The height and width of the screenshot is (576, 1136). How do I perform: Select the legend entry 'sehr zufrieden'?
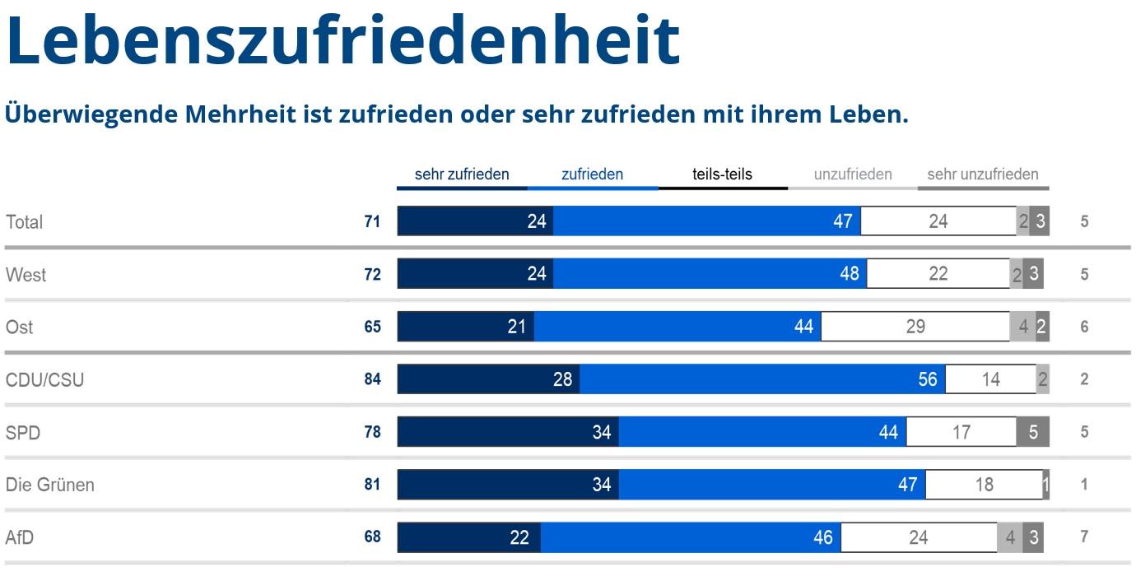pyautogui.click(x=462, y=174)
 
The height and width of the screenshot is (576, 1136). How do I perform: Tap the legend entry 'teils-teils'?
pyautogui.click(x=722, y=174)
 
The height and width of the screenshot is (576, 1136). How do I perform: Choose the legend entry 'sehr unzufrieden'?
pyautogui.click(x=982, y=174)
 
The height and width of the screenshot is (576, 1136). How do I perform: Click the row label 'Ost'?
pyautogui.click(x=20, y=327)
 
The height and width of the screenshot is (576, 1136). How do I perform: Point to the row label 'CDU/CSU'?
pyautogui.click(x=44, y=380)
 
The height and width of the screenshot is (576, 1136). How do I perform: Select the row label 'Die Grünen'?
pyautogui.click(x=50, y=485)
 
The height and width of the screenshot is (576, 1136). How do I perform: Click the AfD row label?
pyautogui.click(x=20, y=537)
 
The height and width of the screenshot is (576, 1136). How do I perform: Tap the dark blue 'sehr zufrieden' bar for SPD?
pyautogui.click(x=508, y=432)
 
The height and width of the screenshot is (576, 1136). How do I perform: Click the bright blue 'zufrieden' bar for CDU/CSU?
pyautogui.click(x=762, y=379)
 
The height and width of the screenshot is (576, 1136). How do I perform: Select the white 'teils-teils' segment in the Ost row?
pyautogui.click(x=915, y=327)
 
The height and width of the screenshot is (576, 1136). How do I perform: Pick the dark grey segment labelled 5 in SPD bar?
pyautogui.click(x=1033, y=432)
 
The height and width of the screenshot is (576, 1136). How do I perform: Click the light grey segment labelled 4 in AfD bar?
pyautogui.click(x=1010, y=537)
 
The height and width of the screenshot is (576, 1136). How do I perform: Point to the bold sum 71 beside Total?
pyautogui.click(x=372, y=221)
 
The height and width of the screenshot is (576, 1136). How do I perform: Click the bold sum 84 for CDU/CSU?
pyautogui.click(x=372, y=379)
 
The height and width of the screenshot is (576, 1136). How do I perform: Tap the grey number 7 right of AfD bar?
pyautogui.click(x=1084, y=537)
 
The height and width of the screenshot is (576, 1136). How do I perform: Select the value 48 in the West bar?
pyautogui.click(x=850, y=274)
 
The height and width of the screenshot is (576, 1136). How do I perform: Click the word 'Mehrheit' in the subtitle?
pyautogui.click(x=240, y=114)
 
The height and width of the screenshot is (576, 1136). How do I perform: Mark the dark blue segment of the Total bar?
pyautogui.click(x=475, y=221)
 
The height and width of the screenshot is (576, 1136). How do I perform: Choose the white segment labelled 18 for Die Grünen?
pyautogui.click(x=984, y=485)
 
